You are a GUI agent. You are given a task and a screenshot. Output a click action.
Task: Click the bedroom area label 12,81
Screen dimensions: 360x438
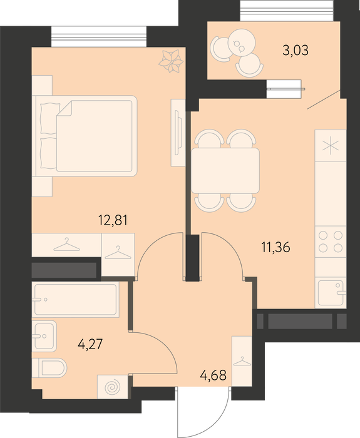coord(113,220)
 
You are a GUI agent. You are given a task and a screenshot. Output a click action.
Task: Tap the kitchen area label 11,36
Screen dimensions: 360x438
coord(276,247)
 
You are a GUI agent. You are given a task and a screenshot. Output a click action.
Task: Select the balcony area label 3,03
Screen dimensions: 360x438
coord(296,51)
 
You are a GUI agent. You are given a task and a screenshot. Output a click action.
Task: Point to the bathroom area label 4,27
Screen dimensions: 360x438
coord(91,344)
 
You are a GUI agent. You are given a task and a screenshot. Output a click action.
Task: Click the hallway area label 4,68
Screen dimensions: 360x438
coord(213,375)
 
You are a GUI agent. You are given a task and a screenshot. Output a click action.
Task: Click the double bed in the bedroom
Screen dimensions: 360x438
coord(86,136)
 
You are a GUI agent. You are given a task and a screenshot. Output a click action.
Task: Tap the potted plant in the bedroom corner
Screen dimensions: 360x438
coord(171,61)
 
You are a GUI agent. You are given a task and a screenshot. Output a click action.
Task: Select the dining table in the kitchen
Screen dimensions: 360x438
coord(225,170)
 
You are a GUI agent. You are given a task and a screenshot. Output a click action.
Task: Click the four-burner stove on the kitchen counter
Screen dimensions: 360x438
coord(331,242)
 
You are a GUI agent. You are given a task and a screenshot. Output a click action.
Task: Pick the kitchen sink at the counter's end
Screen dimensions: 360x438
coord(331,293)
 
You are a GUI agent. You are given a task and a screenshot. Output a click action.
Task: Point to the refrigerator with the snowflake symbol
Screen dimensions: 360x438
coord(331,145)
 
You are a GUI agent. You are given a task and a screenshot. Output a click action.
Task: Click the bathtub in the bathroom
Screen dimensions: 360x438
coord(76,300)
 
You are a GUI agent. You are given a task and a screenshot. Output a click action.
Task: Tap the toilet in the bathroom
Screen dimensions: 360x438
coord(49,368)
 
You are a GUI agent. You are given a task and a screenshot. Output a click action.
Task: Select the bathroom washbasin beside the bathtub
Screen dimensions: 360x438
coord(44,336)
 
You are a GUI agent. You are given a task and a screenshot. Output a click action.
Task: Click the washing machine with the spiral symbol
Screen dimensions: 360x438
coord(113,387)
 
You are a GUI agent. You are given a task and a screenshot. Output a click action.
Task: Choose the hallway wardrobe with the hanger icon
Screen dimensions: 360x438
coord(242,362)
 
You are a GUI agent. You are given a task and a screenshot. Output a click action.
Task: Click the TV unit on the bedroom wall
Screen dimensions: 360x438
coord(178,133)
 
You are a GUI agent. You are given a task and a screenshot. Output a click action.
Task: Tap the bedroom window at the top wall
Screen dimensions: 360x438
coord(99,36)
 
